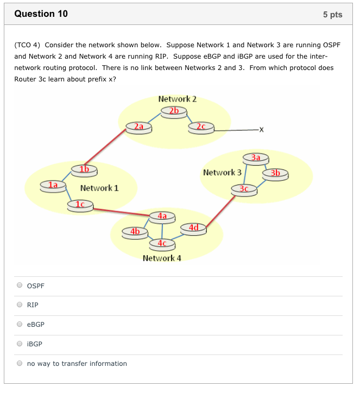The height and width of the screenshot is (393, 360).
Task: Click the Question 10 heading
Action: tap(41, 14)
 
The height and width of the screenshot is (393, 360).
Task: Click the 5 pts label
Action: tap(332, 15)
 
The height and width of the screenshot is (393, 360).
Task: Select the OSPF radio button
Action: tap(20, 285)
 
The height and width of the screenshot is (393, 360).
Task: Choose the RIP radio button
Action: tap(20, 305)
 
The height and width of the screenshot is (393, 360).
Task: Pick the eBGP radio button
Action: tap(20, 324)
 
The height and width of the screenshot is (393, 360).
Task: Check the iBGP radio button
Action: tap(20, 344)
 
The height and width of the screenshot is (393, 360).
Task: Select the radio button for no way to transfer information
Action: tap(20, 363)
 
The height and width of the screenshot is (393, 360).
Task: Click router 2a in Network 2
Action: tap(138, 127)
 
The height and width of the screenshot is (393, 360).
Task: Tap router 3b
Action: tap(275, 174)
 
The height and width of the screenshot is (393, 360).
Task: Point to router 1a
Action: tap(53, 186)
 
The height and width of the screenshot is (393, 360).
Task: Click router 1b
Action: tap(84, 169)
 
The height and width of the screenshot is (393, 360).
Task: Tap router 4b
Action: tap(135, 232)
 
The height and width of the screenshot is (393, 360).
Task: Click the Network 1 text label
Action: tap(99, 188)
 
